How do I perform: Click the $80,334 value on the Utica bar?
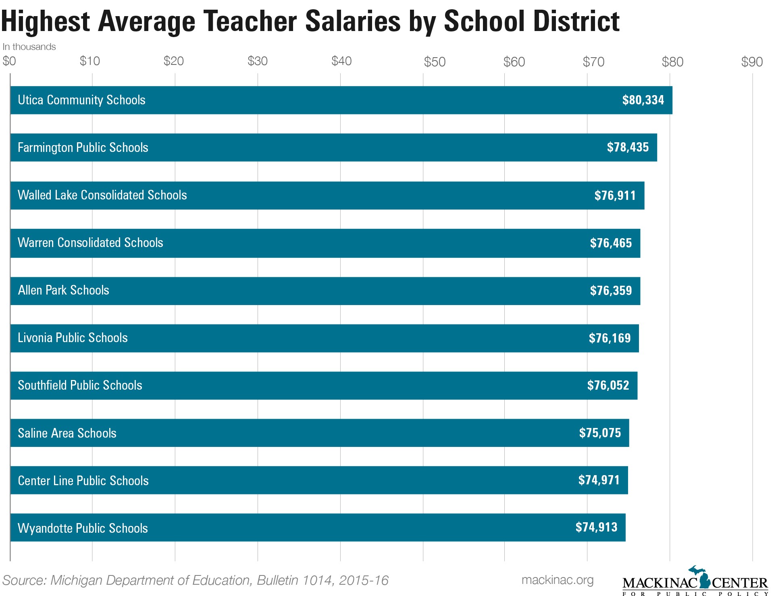(x=643, y=100)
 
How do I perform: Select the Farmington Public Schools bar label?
(x=83, y=147)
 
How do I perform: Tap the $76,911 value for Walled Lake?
(x=615, y=195)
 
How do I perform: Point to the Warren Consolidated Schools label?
(x=90, y=243)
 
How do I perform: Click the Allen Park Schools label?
(x=63, y=290)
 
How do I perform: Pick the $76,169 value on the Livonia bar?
(x=610, y=338)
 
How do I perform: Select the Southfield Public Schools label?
(x=80, y=385)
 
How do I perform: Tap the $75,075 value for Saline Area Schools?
(x=600, y=433)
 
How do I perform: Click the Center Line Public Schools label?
(x=83, y=481)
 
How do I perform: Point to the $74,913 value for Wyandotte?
(x=596, y=527)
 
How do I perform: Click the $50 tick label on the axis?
(x=434, y=62)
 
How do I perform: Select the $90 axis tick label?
(x=752, y=62)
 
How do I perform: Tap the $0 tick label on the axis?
(x=9, y=61)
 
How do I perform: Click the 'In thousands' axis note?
(x=29, y=47)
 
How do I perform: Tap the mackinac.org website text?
(x=557, y=580)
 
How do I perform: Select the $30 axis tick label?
(x=257, y=61)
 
